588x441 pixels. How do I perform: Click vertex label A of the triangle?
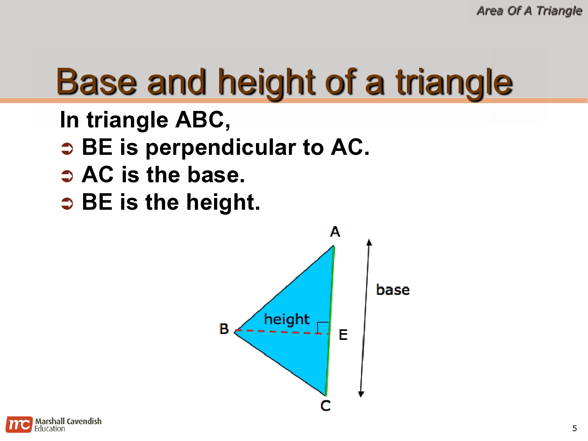[335, 232]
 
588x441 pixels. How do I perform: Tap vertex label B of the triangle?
[224, 328]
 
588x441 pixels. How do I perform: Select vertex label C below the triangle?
[325, 406]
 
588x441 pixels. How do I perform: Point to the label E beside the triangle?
[343, 335]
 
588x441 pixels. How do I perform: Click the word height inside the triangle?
[287, 319]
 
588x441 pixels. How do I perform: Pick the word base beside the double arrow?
[393, 290]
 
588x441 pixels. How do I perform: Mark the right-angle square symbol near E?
[323, 327]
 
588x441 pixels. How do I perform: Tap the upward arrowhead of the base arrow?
[369, 242]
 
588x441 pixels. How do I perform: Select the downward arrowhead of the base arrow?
[361, 394]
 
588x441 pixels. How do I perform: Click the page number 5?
[574, 428]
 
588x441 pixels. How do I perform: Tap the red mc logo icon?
[19, 425]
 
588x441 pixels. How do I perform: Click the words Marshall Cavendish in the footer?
[68, 421]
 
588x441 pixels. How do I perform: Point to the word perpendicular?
[221, 148]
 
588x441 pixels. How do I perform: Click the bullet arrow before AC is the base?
[67, 176]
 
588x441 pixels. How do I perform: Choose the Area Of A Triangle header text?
[529, 11]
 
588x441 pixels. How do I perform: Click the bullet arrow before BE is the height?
[67, 203]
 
